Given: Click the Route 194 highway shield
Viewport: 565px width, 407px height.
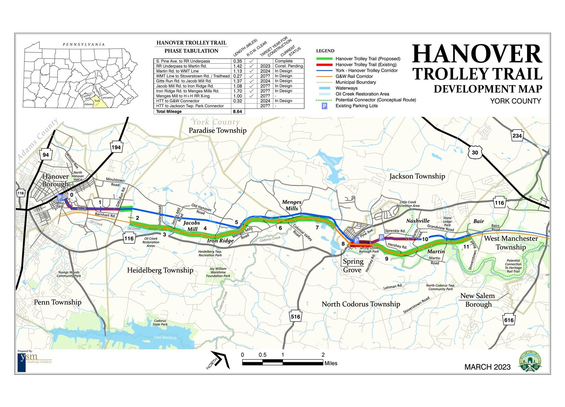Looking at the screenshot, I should click(116, 147).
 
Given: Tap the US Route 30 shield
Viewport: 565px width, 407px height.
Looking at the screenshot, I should click(475, 152).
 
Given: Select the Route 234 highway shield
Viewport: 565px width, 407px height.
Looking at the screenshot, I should click(517, 136).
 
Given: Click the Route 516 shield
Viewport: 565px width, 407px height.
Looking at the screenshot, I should click(296, 316).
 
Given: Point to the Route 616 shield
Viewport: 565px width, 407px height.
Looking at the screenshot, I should click(509, 320).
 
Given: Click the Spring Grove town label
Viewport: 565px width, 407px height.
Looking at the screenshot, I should click(353, 265).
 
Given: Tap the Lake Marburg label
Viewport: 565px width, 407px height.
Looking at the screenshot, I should click(165, 337).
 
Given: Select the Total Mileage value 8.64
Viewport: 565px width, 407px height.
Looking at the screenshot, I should click(237, 111).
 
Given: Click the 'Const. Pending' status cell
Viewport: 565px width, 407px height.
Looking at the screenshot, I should click(289, 66).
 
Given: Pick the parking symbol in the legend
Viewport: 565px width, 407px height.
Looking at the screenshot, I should click(324, 106).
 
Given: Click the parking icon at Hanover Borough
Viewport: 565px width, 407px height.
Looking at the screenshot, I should click(60, 197).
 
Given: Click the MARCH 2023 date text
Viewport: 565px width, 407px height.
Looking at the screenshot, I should click(487, 367).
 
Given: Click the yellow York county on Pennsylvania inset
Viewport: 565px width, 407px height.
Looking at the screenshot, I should click(98, 102).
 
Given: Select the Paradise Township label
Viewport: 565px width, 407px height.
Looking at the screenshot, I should click(217, 130).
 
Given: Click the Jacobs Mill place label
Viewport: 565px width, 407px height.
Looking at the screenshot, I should click(191, 226).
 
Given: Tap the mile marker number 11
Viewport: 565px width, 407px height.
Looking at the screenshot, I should click(466, 247).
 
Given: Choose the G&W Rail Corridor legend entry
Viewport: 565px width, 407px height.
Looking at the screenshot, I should click(354, 76).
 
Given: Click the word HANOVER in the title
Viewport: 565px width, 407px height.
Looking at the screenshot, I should click(477, 54).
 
